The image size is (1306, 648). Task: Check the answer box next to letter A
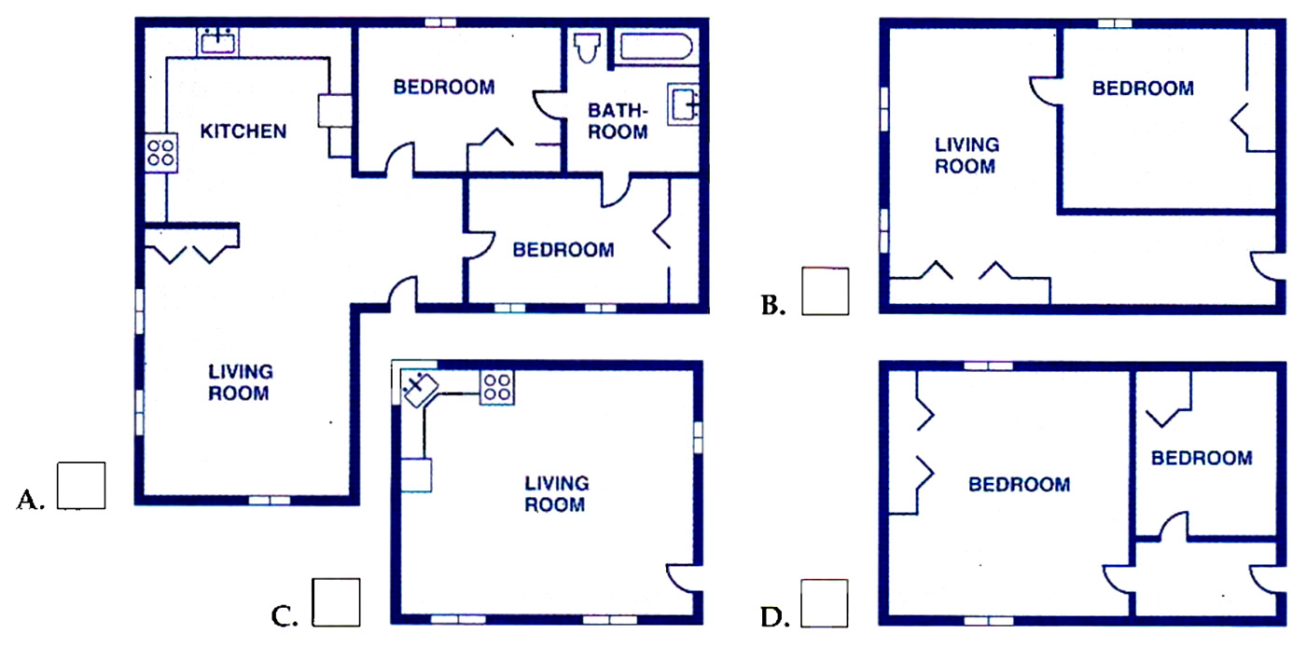[81, 486]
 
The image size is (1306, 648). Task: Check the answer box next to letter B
[825, 291]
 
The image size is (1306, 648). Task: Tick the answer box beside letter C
[336, 602]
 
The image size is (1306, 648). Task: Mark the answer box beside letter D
[825, 603]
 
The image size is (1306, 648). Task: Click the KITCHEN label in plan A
[243, 131]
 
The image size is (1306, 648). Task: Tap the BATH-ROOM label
[618, 121]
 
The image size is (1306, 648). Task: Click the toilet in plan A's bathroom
[587, 48]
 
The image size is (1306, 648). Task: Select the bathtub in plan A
[656, 47]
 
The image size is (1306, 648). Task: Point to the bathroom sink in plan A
[683, 104]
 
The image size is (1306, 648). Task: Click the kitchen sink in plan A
[217, 41]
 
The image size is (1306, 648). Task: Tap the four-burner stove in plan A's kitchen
[160, 152]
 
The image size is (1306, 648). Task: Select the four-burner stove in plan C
[497, 388]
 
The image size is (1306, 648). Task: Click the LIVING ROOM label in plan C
[556, 493]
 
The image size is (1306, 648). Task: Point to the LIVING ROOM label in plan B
[966, 156]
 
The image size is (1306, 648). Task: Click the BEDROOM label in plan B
[1143, 89]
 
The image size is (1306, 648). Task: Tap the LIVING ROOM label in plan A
[241, 382]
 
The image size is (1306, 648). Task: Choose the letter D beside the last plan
[775, 616]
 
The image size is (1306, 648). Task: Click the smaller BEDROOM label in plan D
[1202, 458]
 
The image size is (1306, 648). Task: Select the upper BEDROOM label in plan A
[444, 88]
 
